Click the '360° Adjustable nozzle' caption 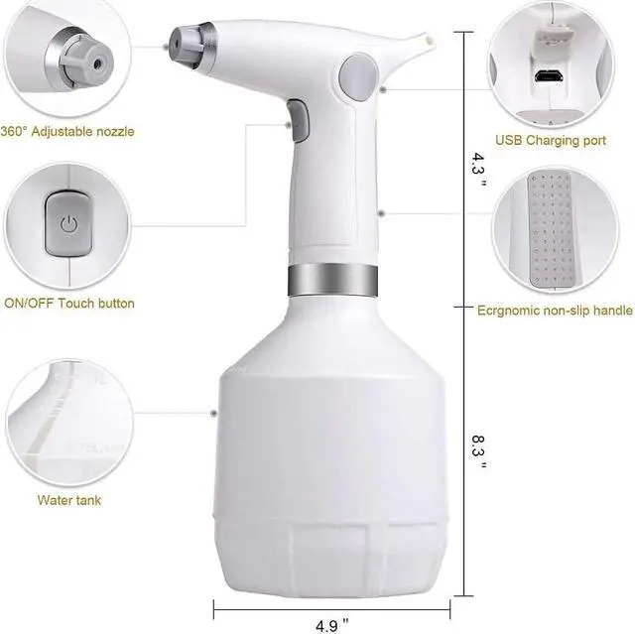pos(67,131)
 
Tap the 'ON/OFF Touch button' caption pos(69,303)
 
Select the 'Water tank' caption pos(69,500)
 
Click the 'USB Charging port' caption pos(551,141)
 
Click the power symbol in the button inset pos(67,223)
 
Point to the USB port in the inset pos(548,76)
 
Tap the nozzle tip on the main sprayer pos(176,41)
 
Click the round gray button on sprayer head pos(357,75)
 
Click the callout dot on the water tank pos(213,413)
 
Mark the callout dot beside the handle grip pos(382,211)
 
